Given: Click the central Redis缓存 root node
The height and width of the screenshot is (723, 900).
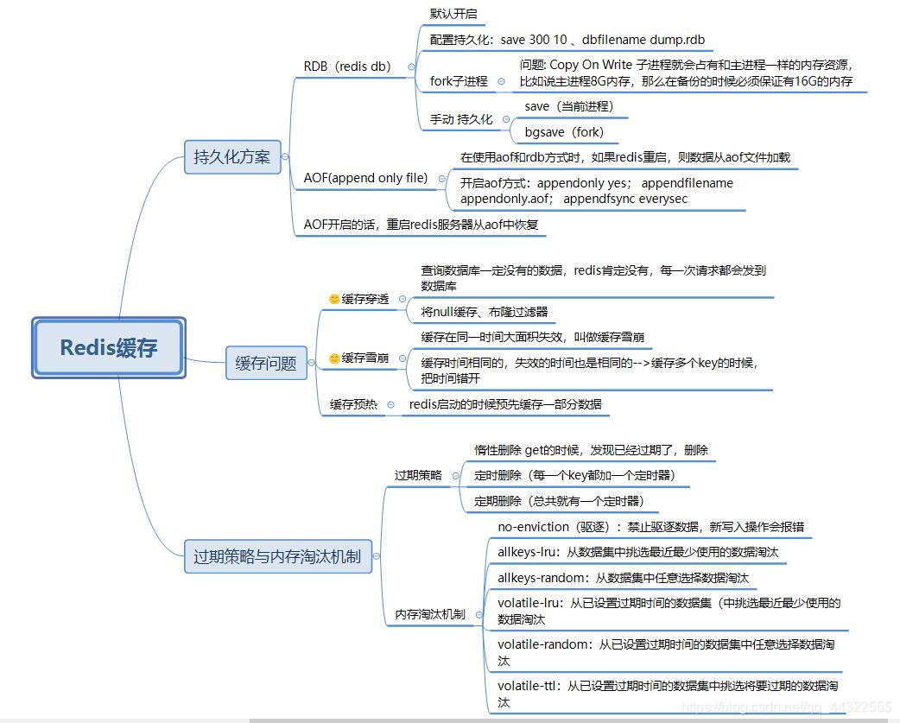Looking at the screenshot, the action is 109,347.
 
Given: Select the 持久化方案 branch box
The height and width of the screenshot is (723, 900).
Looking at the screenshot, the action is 231,157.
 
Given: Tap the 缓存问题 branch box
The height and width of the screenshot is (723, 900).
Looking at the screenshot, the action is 266,363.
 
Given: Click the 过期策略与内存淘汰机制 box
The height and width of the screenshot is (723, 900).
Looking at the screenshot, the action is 277,556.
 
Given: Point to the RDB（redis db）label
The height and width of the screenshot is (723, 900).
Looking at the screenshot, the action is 347,66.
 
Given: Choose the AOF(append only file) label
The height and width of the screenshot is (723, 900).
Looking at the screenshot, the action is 365,178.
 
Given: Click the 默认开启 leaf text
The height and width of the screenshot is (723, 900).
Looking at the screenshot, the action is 453,15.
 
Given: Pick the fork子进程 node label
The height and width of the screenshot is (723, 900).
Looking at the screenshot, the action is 459,81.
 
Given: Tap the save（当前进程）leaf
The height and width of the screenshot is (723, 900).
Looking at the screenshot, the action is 568,106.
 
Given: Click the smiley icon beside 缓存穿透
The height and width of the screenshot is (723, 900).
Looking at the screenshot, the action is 334,299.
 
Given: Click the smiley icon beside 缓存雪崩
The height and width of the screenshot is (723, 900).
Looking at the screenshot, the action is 334,358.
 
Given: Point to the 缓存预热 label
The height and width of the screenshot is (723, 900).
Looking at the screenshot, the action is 353,404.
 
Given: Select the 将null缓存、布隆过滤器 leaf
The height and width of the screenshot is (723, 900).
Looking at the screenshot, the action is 484,312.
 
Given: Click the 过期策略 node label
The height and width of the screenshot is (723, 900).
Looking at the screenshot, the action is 418,475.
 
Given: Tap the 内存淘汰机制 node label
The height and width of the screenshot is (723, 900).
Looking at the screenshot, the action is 429,614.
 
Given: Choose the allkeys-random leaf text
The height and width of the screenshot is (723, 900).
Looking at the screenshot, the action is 623,578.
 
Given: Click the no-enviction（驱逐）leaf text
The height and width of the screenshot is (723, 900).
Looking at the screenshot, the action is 652,526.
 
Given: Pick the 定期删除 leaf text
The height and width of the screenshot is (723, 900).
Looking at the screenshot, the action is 560,500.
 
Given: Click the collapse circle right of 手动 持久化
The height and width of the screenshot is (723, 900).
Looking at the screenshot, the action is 502,120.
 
